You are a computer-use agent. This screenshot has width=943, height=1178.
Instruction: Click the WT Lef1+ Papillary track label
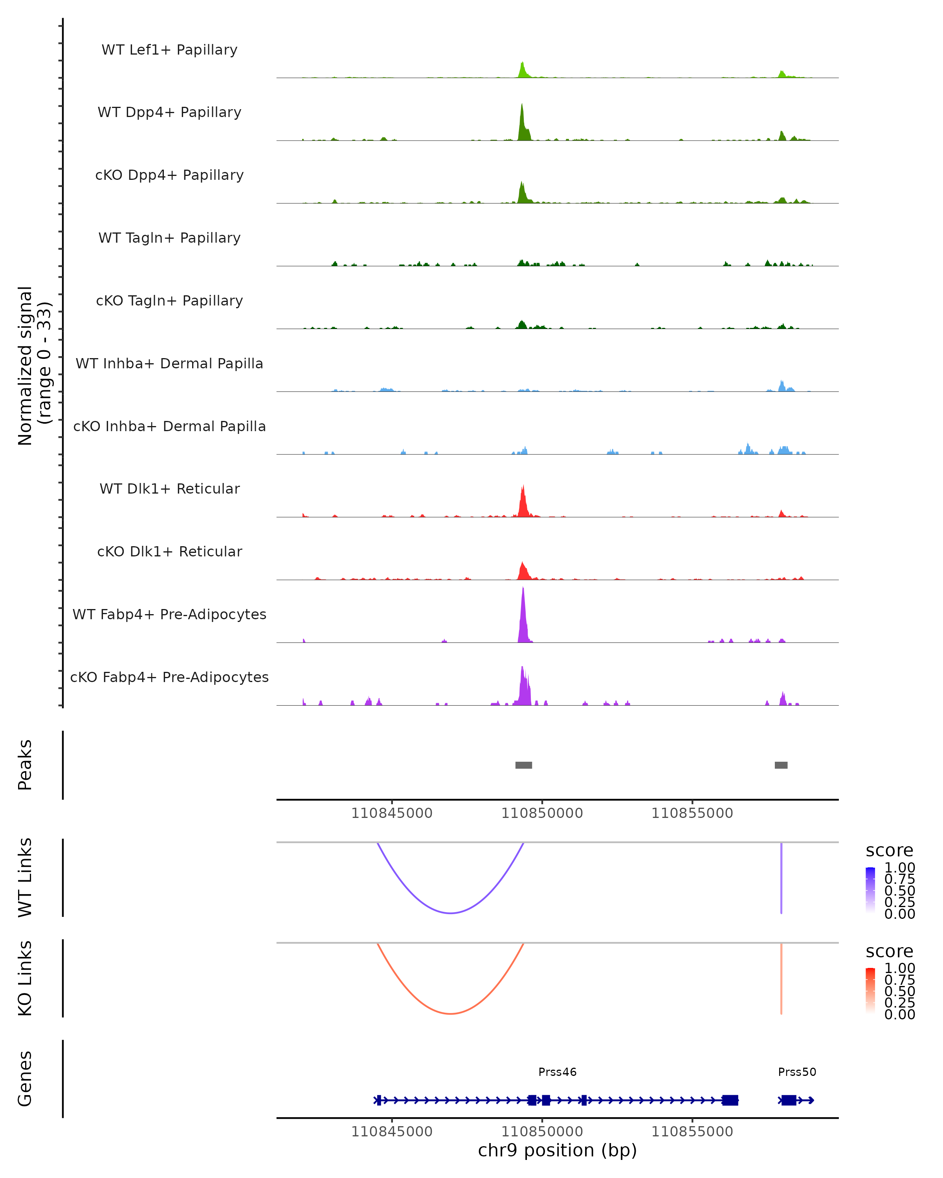point(169,50)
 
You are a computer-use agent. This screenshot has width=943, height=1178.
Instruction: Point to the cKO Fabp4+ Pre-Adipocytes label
point(169,677)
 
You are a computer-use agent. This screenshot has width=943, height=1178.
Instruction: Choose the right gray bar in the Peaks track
point(781,765)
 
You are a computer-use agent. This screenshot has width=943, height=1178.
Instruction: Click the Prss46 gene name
point(557,1072)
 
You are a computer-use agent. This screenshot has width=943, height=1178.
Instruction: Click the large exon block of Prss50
point(788,1100)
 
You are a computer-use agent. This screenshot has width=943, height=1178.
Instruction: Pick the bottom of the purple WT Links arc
point(450,913)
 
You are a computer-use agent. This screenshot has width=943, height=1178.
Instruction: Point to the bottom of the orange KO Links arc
point(450,1013)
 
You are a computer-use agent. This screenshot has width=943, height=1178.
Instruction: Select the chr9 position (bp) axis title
point(557,1150)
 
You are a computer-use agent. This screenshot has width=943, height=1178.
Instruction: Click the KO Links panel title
point(25,978)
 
